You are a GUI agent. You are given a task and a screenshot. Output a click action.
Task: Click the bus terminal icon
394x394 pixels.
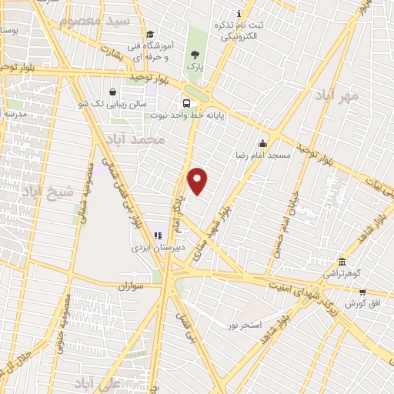[x=186, y=104]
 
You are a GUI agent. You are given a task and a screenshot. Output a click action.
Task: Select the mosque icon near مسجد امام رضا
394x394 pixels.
[x=262, y=142]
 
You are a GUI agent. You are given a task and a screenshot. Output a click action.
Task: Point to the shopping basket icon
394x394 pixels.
[x=113, y=91]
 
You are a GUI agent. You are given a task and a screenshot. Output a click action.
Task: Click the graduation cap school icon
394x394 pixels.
[x=150, y=34]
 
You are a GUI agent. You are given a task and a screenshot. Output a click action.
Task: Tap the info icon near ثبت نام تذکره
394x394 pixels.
[x=239, y=13]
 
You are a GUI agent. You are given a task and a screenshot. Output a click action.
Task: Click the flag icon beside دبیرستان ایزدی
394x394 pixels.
[x=158, y=235]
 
